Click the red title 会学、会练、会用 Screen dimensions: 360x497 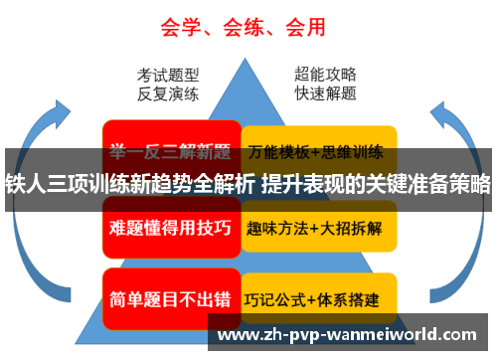tap(245, 24)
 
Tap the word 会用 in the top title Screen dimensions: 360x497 tap(307, 24)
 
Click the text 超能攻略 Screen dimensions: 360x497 tap(326, 75)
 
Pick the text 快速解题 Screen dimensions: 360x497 tap(326, 95)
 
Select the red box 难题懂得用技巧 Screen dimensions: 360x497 tap(169, 228)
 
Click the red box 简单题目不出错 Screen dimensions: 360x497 tap(169, 297)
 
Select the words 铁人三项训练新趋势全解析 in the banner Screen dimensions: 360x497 tap(130, 183)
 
